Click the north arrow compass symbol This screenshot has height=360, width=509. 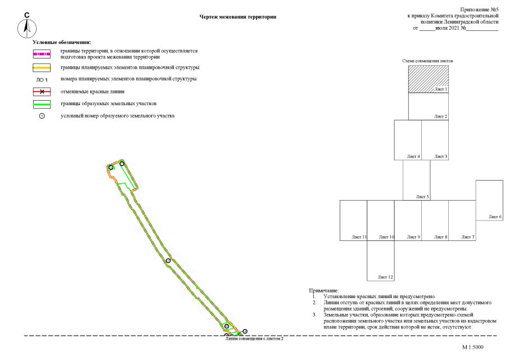coord(27,28)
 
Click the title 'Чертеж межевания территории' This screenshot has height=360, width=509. coord(237,17)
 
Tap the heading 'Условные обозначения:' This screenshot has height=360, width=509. coord(62,42)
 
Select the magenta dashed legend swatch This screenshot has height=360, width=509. coord(42,54)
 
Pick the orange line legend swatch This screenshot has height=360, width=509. coord(42,67)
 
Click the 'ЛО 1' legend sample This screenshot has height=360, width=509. coord(42,80)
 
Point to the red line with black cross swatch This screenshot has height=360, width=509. coord(42,92)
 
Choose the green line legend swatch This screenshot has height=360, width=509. coord(42,104)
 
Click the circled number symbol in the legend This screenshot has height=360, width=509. coord(42,116)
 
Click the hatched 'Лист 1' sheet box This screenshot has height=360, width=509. coord(429,79)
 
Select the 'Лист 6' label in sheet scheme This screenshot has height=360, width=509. coord(495,217)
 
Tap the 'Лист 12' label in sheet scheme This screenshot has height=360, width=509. coord(385,277)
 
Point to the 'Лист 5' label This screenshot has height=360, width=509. coord(422,196)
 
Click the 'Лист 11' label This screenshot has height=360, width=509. coord(359,237)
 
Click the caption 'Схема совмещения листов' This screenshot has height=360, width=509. coord(427,61)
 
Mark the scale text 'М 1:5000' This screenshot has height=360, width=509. coord(472,347)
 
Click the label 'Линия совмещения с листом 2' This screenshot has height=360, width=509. coord(254,339)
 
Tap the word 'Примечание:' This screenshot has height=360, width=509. coord(324,291)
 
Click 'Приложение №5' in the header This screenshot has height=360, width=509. coord(479,10)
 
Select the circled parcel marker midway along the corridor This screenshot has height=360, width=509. coord(168,260)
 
